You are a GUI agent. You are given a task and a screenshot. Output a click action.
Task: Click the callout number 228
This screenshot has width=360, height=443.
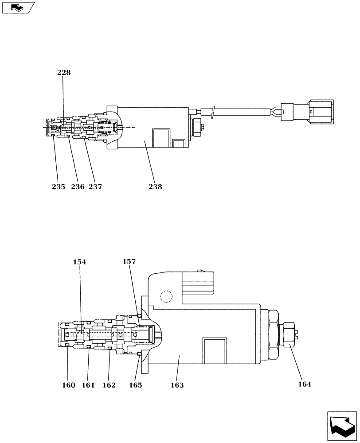[64, 73]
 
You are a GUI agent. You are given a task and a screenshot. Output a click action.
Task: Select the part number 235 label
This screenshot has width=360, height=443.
[59, 187]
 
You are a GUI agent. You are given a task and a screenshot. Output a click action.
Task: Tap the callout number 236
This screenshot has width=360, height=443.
[77, 187]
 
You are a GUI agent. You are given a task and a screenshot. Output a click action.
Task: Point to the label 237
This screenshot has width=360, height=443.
[95, 187]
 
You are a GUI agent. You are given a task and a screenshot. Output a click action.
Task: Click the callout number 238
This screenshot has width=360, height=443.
[155, 187]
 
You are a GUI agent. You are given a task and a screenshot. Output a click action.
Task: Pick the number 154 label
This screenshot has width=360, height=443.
[80, 262]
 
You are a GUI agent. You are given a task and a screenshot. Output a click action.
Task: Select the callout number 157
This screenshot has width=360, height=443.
[129, 262]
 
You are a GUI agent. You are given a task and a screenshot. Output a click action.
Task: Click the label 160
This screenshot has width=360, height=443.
[68, 385]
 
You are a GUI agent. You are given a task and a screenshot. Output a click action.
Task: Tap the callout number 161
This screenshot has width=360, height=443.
[88, 385]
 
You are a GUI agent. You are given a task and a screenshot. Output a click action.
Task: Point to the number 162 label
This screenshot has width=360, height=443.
[109, 385]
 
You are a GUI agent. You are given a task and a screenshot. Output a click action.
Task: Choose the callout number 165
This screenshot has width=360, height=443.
[135, 385]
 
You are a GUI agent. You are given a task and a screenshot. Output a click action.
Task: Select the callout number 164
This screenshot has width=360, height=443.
[304, 385]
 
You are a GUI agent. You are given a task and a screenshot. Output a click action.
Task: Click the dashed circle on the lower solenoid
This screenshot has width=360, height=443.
[166, 296]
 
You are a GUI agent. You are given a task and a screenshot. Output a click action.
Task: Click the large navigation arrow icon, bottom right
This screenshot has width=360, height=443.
[341, 426]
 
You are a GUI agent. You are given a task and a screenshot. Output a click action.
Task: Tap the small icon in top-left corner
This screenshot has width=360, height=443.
[18, 8]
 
